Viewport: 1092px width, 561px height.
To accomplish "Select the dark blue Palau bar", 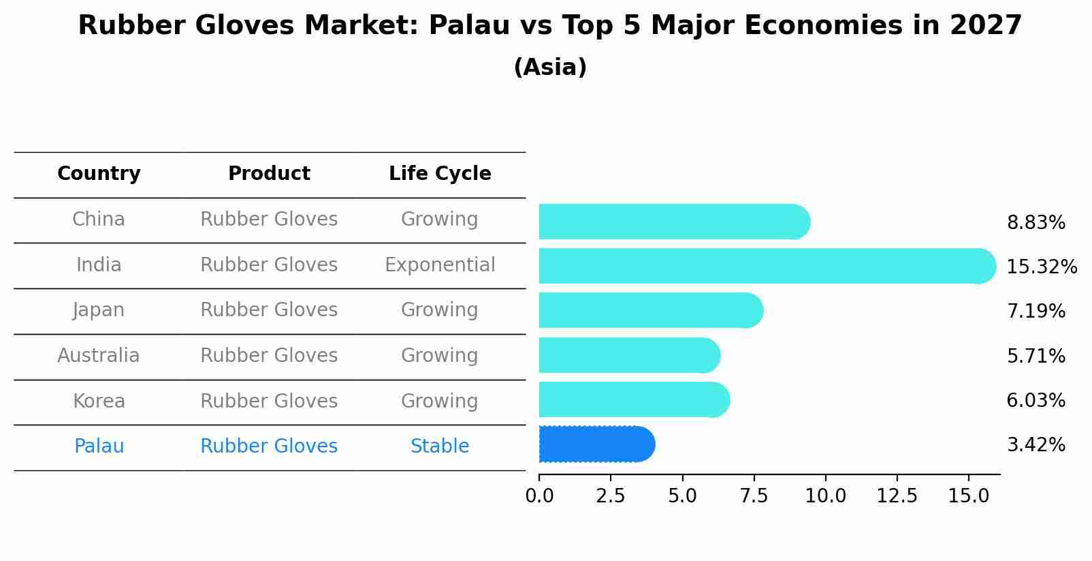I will point(596,444).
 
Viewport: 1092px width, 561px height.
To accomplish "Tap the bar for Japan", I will point(650,310).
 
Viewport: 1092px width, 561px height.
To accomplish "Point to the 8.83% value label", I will point(1035,223).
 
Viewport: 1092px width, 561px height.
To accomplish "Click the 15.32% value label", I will point(1041,267).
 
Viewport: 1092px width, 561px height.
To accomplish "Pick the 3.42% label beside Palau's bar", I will point(1035,445).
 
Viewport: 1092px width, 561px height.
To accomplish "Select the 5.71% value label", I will point(1035,356).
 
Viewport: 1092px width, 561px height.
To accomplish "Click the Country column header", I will point(99,174).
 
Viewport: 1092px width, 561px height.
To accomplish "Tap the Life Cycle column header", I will point(440,174).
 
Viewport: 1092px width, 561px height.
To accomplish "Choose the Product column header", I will point(269,174).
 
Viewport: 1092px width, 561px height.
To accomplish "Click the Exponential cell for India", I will point(440,264).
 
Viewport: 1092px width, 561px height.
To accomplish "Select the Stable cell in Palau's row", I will point(440,446).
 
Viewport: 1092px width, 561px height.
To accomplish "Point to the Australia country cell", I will point(99,355).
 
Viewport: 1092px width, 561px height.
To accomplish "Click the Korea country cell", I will point(99,401).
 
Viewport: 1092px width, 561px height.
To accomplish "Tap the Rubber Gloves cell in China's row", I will point(269,219).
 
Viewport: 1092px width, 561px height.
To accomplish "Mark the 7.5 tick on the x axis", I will point(754,496).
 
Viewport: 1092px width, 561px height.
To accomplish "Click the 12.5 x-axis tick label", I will point(897,496).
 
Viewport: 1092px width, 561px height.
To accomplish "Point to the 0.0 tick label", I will point(539,496).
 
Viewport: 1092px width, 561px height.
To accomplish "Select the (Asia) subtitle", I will point(550,67).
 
